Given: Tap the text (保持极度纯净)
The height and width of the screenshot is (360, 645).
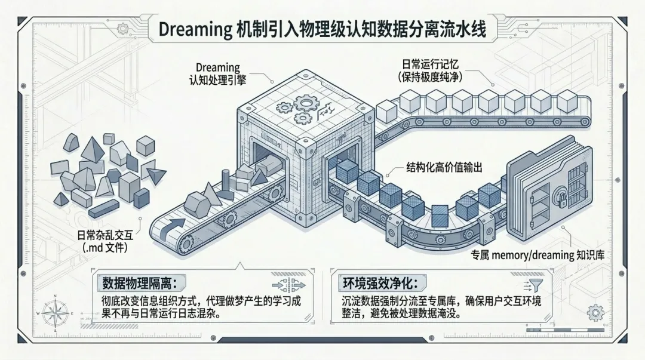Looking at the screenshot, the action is click(x=431, y=77).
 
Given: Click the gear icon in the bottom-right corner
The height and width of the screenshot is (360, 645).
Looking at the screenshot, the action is click(x=595, y=312).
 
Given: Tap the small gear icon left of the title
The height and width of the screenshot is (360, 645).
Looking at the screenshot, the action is click(x=124, y=28).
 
